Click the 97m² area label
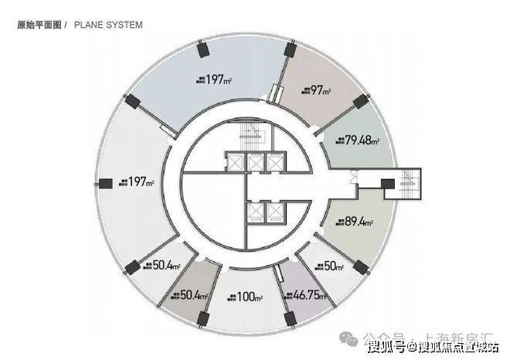coord(318,91)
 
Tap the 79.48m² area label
coord(357,141)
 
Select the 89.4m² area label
coord(356,222)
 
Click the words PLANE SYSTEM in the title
coord(108,25)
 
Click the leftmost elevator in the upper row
coord(231,163)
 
